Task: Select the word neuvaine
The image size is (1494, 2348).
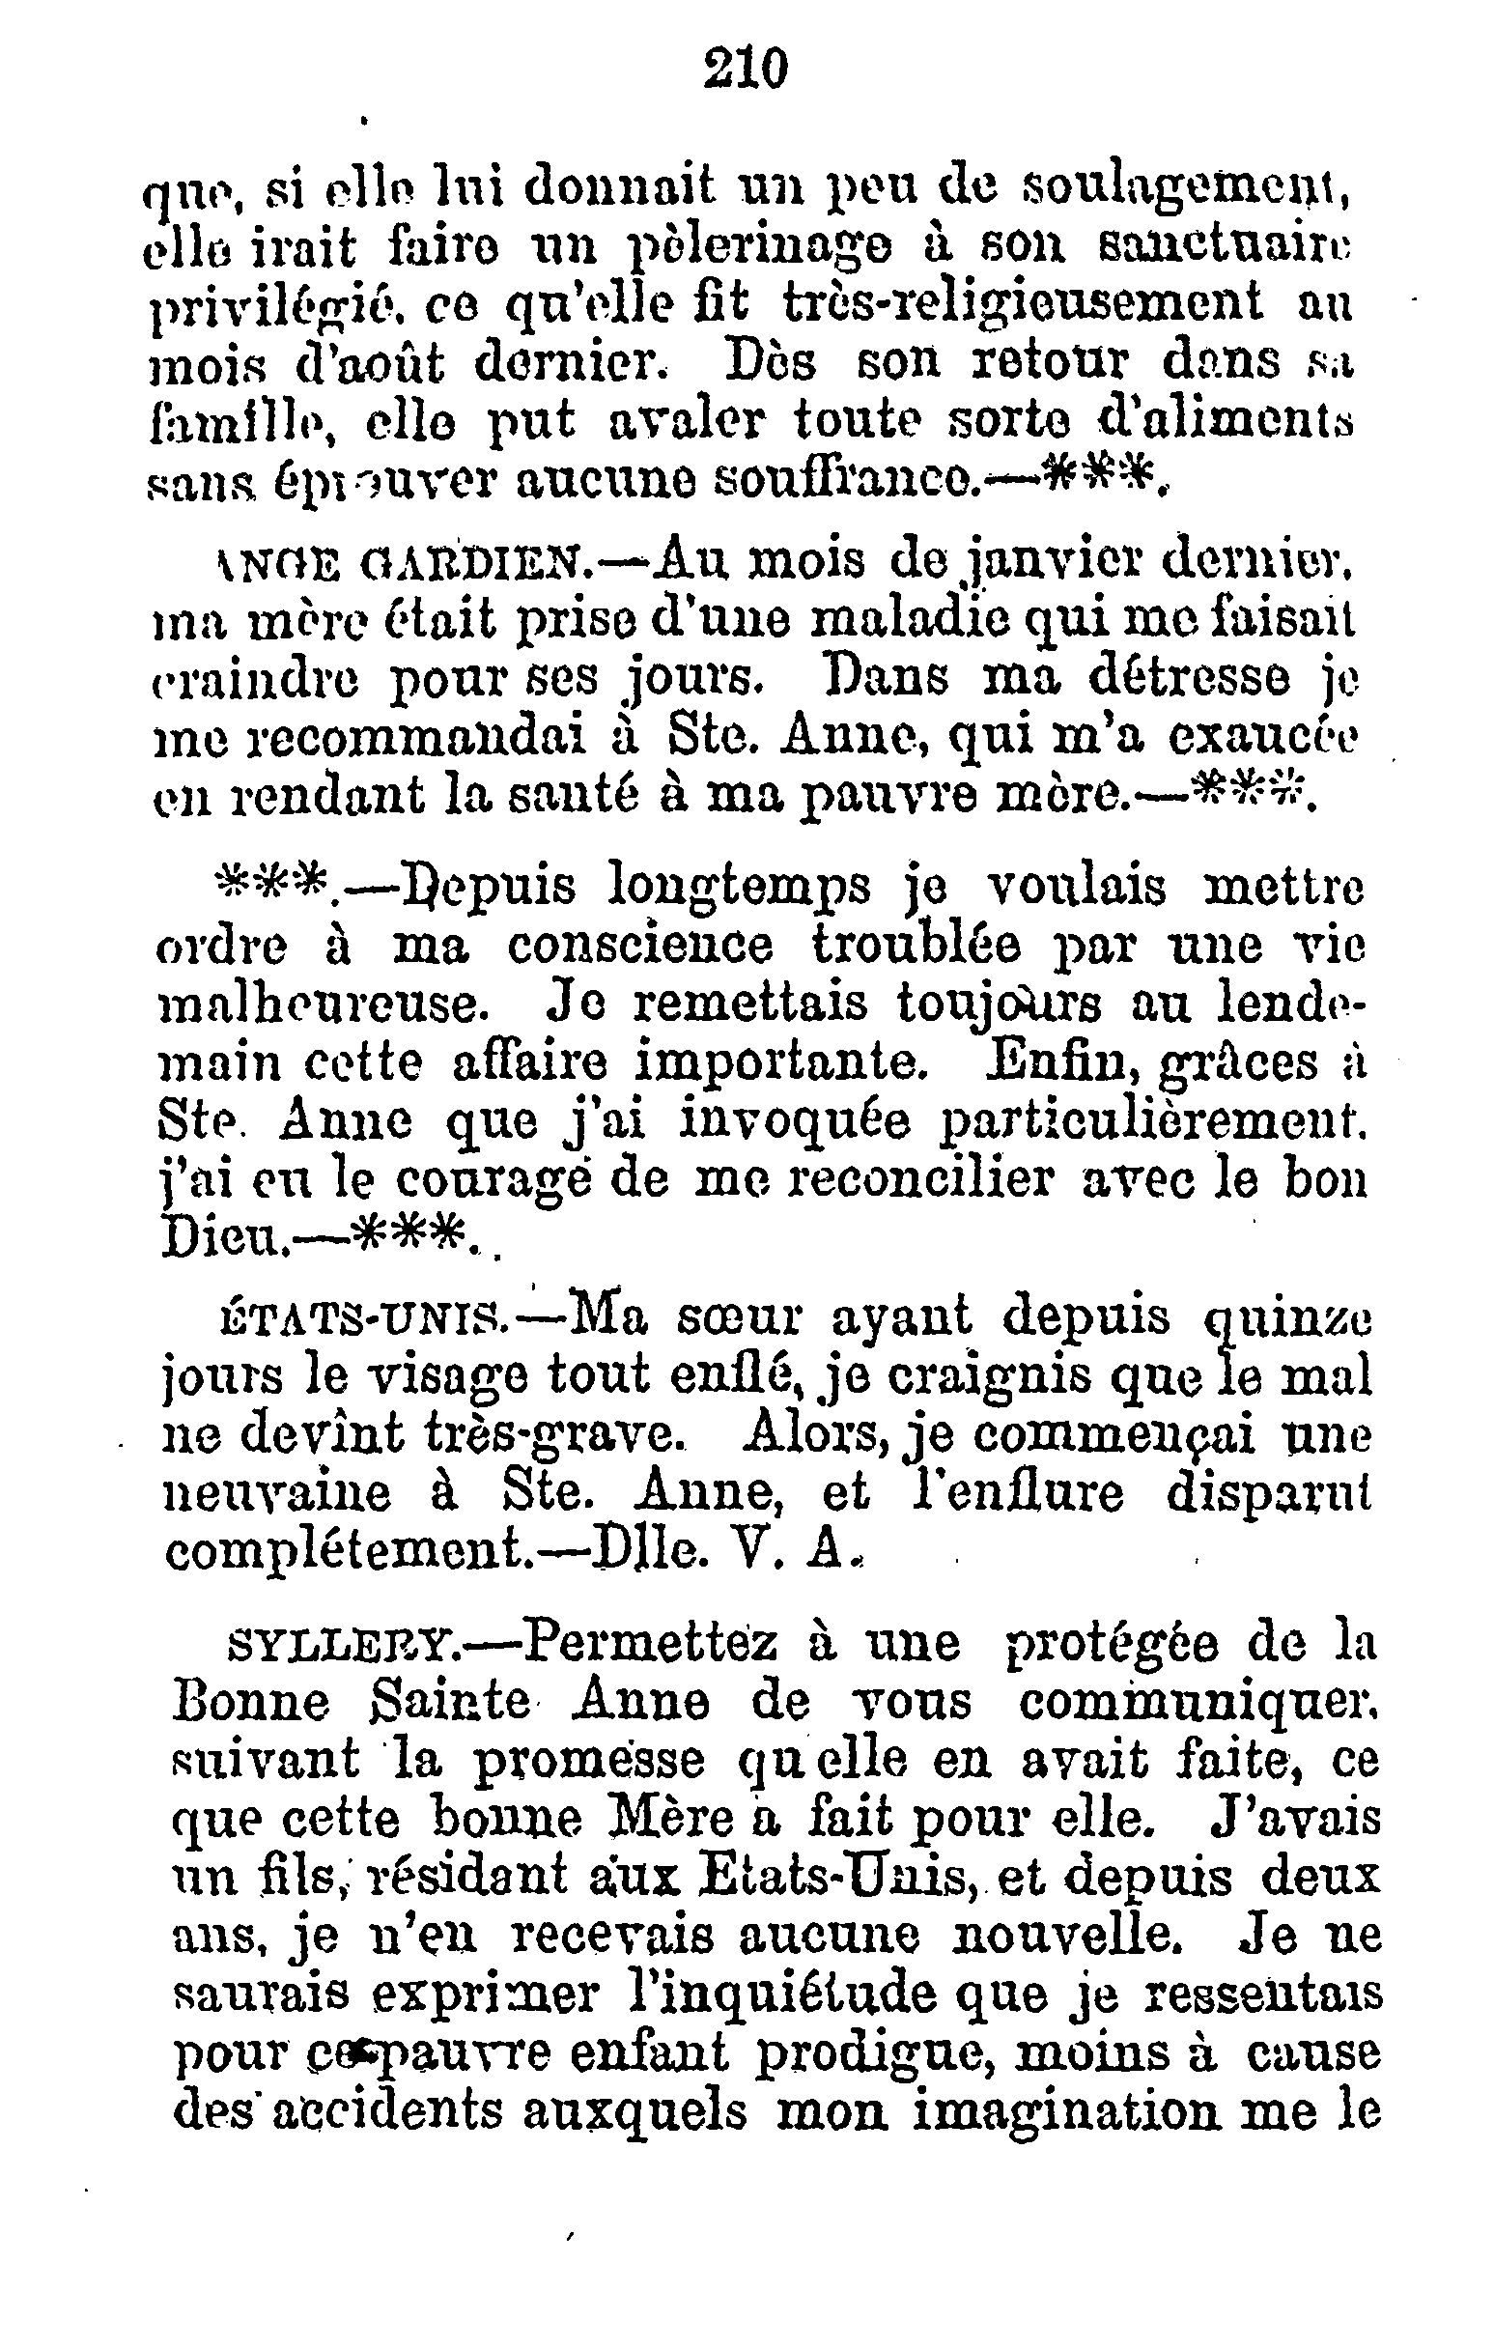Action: [x=279, y=1495]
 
